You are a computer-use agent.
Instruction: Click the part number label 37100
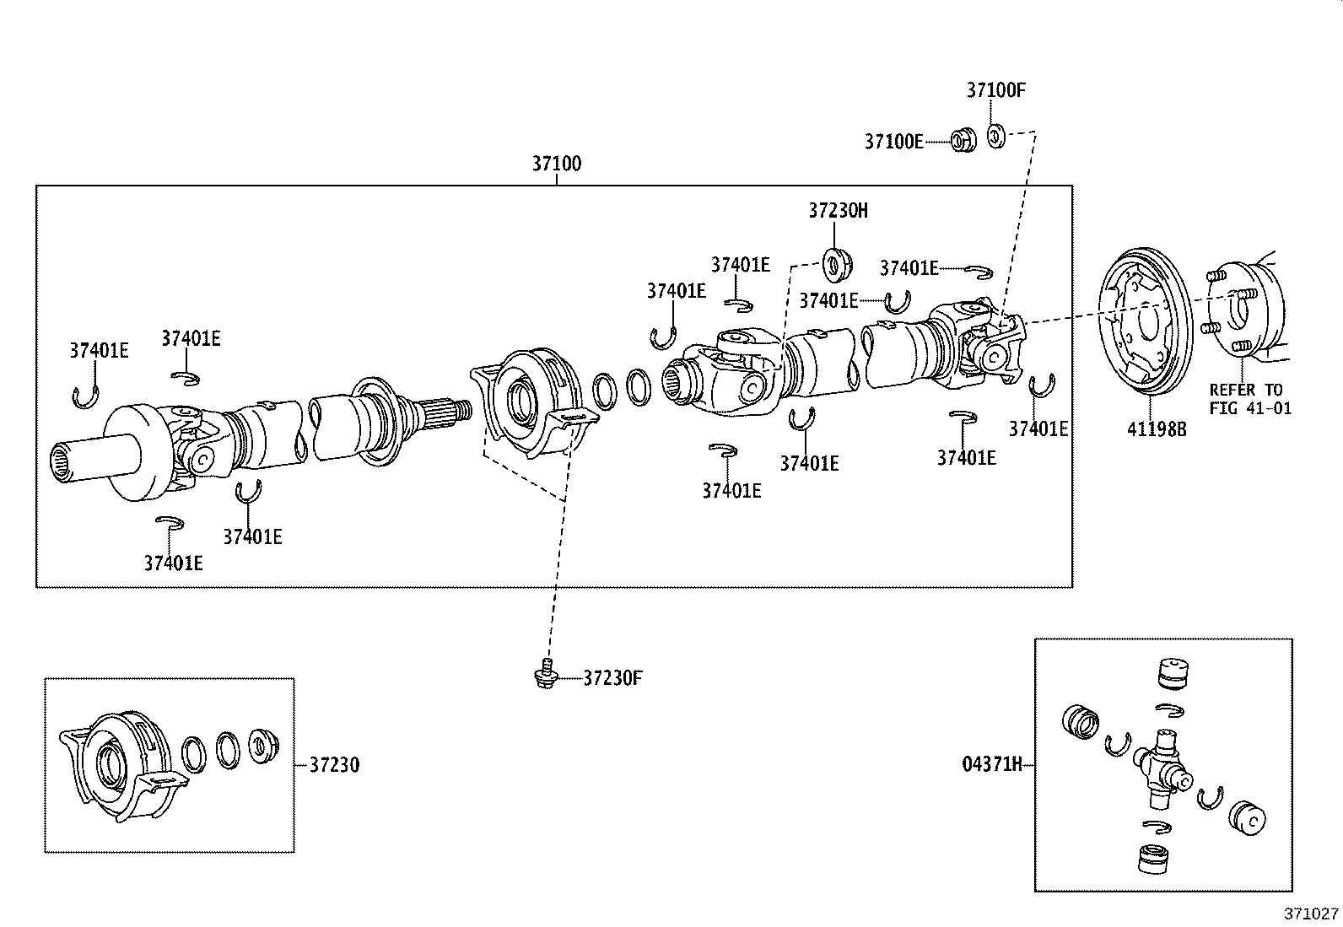tap(556, 163)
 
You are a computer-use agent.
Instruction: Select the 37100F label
tap(995, 91)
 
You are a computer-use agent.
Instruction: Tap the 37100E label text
tap(893, 142)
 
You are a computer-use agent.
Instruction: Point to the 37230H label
tap(837, 211)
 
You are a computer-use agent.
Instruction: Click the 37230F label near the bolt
tap(613, 677)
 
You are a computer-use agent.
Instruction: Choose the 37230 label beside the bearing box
tap(334, 765)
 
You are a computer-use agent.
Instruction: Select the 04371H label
tap(991, 765)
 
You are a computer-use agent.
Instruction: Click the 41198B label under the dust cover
tap(1157, 429)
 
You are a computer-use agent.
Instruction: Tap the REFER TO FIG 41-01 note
tap(1249, 399)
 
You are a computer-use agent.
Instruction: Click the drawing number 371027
tap(1311, 914)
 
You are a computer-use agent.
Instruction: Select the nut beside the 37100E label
tap(963, 140)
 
